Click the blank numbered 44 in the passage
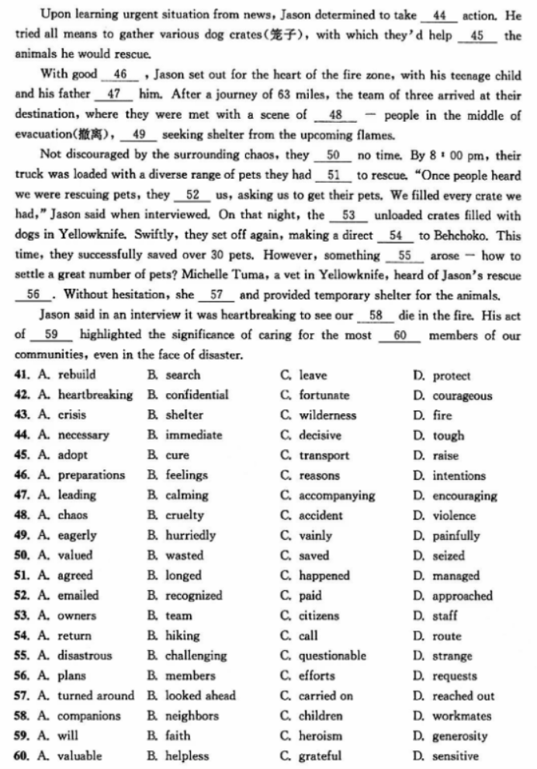pos(439,15)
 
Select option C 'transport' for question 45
pos(324,456)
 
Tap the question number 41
pos(23,376)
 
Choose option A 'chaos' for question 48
pos(72,516)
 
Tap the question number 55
pos(23,656)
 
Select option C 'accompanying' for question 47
pos(336,496)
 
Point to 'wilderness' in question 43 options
pos(327,416)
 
